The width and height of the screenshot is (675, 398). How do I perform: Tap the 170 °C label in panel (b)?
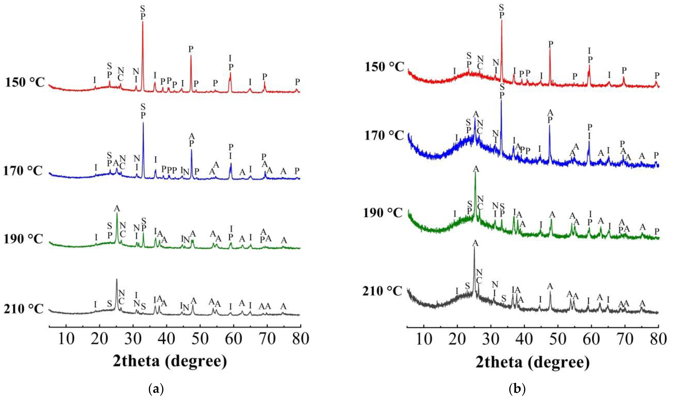click(x=384, y=136)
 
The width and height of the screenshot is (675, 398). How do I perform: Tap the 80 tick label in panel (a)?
click(x=301, y=339)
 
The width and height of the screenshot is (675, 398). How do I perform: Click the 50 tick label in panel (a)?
click(x=200, y=339)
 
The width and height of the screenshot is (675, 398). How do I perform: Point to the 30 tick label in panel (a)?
click(x=133, y=339)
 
